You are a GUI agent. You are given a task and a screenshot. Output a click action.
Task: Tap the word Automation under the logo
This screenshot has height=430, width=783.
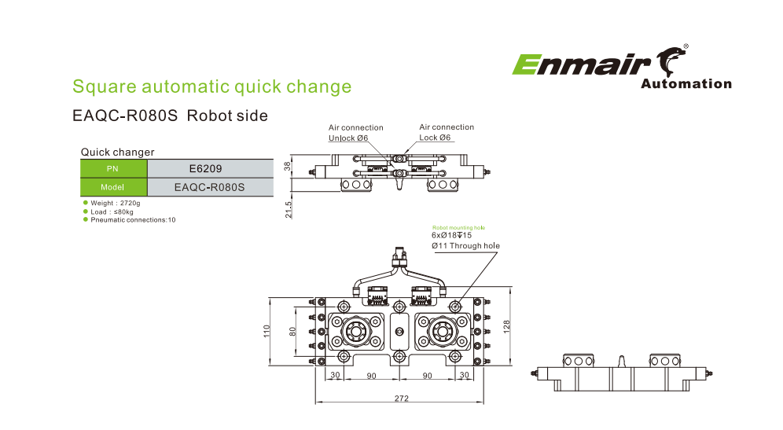click(x=686, y=84)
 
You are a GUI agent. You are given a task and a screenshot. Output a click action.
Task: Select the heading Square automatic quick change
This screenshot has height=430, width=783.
click(x=211, y=86)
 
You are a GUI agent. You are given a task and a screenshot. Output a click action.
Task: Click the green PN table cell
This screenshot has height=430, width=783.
click(x=114, y=168)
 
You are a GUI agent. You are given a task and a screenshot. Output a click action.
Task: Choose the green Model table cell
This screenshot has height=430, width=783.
click(x=114, y=188)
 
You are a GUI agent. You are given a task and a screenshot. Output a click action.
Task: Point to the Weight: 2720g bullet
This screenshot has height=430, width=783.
click(x=116, y=203)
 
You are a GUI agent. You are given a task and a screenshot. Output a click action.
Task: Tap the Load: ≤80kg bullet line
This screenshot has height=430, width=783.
click(x=112, y=211)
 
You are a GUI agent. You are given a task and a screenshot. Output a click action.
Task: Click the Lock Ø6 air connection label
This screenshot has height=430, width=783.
click(x=436, y=138)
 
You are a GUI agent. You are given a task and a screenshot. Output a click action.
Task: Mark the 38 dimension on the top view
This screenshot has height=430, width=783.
click(x=289, y=167)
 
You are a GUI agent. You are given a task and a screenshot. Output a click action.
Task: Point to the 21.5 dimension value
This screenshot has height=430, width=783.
click(x=289, y=209)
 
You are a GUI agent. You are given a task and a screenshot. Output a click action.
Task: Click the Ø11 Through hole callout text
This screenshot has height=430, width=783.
click(x=465, y=246)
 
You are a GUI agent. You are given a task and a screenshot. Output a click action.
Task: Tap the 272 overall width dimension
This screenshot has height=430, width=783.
click(x=401, y=399)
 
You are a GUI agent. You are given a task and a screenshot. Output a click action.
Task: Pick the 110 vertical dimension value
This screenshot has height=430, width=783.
click(x=267, y=332)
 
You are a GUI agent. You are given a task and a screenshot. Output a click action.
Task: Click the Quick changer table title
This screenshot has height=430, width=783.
click(x=118, y=152)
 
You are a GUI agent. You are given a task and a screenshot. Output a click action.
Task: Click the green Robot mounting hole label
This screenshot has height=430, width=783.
click(x=458, y=227)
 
